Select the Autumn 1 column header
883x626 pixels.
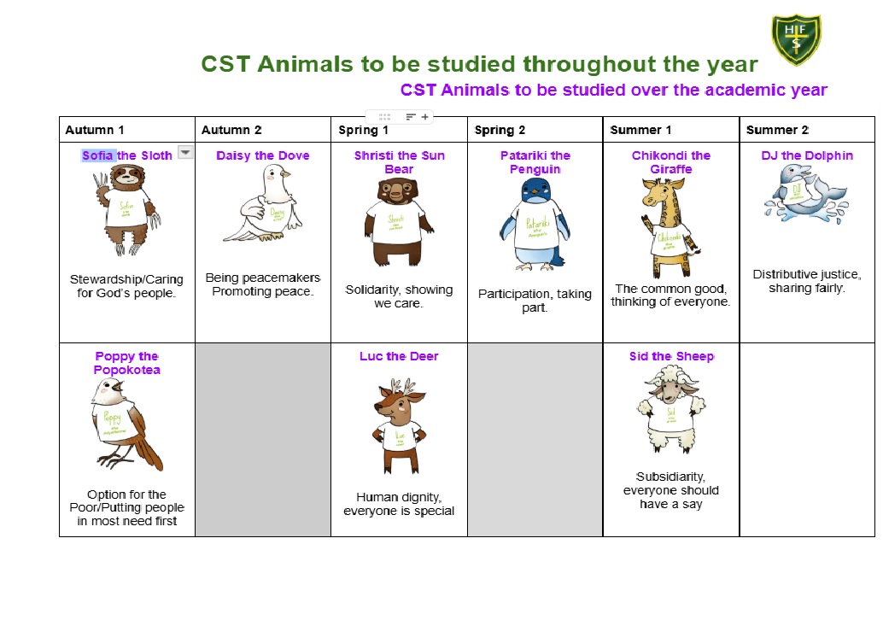(95, 130)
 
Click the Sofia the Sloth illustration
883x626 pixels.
(128, 210)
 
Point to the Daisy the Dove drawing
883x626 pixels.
(263, 203)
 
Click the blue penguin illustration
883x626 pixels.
(535, 224)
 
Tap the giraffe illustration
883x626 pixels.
(670, 227)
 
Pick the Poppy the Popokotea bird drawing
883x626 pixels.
(126, 424)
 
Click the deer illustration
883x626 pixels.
(399, 426)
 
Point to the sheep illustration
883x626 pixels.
(670, 409)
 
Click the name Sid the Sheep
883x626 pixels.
(671, 356)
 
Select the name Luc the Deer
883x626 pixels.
(399, 356)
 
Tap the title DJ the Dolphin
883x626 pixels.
(807, 156)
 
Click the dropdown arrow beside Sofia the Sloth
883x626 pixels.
(185, 152)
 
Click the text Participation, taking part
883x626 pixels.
(535, 301)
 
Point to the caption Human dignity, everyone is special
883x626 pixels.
(399, 504)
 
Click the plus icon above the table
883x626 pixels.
(425, 117)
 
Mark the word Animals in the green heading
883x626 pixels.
(305, 64)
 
